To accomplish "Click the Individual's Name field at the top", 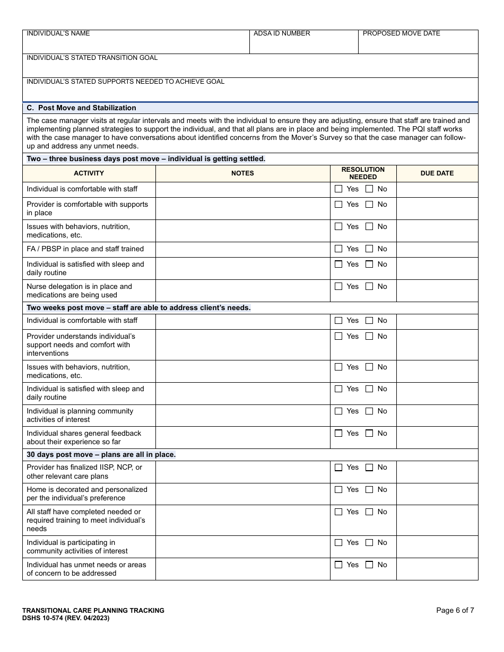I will click(x=136, y=45).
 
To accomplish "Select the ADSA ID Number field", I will click(x=303, y=45).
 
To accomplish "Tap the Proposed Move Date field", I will click(x=418, y=45).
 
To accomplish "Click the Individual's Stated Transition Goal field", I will click(x=250, y=69).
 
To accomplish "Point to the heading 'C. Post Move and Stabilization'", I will click(x=81, y=108).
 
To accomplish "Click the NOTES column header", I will click(x=242, y=173).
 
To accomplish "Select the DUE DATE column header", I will click(x=437, y=173).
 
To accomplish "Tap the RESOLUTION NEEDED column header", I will click(x=363, y=173).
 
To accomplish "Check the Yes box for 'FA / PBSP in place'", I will click(x=338, y=249).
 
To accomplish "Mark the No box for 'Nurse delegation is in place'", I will click(x=369, y=287).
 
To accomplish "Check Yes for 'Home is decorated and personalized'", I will click(x=338, y=490).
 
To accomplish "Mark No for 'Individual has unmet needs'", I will click(x=369, y=565).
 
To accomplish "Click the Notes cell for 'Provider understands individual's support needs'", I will click(x=242, y=345).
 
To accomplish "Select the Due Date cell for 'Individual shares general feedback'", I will click(x=437, y=438).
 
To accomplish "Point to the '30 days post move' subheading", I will click(x=101, y=455).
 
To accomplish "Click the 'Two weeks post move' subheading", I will click(x=138, y=308).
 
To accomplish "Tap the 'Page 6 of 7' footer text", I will click(x=455, y=610).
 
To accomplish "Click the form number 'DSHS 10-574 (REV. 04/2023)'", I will click(x=66, y=618).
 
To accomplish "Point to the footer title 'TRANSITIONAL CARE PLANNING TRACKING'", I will click(x=93, y=611).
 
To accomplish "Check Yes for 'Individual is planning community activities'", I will click(x=338, y=411).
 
